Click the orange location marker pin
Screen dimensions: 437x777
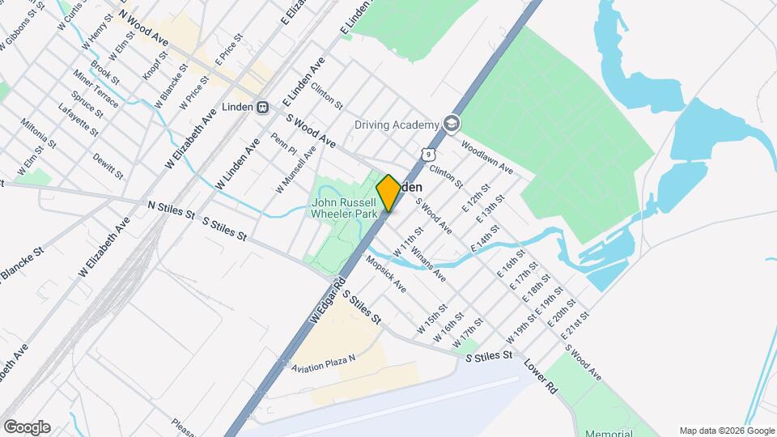coord(388,193)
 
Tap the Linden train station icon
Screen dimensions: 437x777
coord(263,108)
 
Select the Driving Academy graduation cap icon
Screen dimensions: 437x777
coord(451,124)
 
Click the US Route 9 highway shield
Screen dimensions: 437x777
coord(428,154)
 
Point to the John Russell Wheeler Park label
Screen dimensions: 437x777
coord(345,209)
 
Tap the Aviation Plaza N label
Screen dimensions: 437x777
coord(324,364)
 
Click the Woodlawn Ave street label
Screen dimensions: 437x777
coord(487,158)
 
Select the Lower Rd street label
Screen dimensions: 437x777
coord(541,376)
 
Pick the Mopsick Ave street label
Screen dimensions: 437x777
coord(386,275)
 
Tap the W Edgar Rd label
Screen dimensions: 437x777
coord(322,301)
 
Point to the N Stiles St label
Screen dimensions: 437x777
coord(172,210)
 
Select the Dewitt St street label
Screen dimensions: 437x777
coord(108,166)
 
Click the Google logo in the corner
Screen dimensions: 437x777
coord(27,427)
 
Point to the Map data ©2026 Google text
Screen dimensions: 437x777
coord(726,431)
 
